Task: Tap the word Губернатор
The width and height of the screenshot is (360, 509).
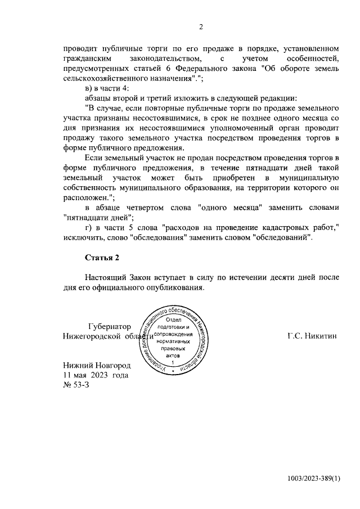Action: tap(110, 326)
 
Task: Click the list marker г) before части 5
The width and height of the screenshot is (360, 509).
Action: tap(88, 228)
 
